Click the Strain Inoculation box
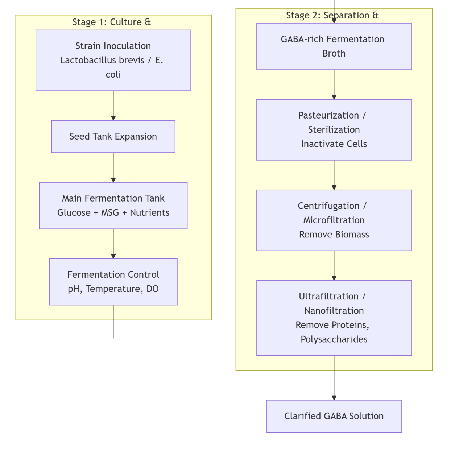(113, 60)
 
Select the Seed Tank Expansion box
(113, 136)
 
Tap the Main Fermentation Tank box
(113, 205)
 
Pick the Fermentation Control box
(113, 282)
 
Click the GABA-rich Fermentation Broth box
(334, 46)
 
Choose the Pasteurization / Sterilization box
(334, 129)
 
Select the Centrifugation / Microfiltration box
(334, 220)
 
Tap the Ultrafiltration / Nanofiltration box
(334, 318)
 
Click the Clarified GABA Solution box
(334, 416)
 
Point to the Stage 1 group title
(112, 22)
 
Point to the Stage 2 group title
(332, 15)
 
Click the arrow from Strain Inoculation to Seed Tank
(113, 105)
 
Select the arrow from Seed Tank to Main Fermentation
(113, 167)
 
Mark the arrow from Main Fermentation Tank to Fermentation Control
(113, 243)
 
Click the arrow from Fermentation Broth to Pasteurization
(334, 84)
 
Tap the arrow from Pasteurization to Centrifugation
(334, 175)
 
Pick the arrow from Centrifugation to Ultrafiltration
(334, 265)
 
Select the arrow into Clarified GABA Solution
(334, 378)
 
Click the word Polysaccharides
(334, 339)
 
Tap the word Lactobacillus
(84, 60)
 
